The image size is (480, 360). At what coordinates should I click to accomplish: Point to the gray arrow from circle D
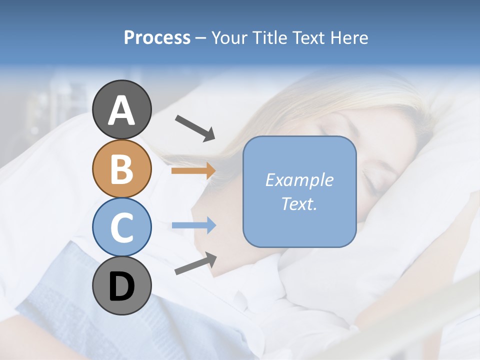195,263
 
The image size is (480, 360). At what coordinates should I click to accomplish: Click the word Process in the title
157,38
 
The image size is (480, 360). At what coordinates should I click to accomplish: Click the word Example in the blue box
299,180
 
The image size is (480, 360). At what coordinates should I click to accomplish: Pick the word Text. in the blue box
299,203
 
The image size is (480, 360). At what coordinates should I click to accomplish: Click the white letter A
121,110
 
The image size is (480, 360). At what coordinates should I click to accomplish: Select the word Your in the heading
229,38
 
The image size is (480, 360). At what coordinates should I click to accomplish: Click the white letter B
121,168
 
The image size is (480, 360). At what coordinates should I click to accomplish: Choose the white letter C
121,228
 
